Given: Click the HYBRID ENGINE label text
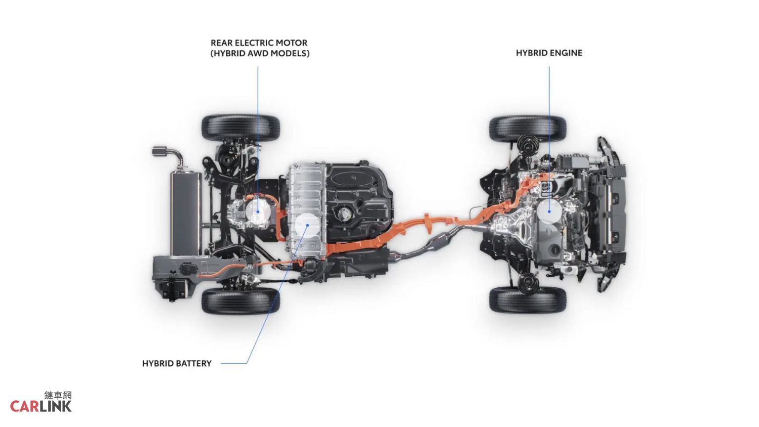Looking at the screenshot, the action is (549, 53).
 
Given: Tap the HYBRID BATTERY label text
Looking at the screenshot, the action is (176, 364).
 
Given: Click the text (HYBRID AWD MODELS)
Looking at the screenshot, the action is (260, 53).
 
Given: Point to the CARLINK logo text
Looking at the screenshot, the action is (41, 406).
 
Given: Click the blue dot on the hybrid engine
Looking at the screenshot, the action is (549, 212).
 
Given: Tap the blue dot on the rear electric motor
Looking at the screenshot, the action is (258, 212).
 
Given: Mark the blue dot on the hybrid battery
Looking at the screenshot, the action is (307, 225).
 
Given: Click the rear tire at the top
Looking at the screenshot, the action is (240, 128).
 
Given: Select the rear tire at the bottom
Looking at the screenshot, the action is (240, 301).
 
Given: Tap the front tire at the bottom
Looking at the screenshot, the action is (528, 300).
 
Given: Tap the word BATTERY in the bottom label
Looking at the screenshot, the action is (195, 364).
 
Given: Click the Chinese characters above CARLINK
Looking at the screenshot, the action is (58, 395).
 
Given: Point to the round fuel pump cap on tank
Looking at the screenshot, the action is (345, 214).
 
